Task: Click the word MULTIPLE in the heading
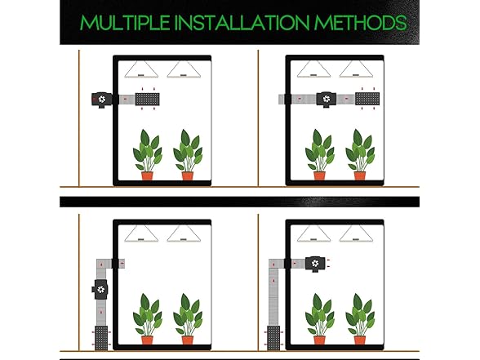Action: point(125,22)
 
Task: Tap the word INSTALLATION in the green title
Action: point(242,22)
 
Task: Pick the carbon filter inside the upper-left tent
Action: point(147,100)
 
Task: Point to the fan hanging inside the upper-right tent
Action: point(327,100)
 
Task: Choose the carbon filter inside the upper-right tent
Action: point(367,99)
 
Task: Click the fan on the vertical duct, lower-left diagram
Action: point(100,289)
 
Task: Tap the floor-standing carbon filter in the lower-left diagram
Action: point(101,338)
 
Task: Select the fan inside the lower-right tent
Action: point(315,264)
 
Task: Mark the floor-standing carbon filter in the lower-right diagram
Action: point(273,338)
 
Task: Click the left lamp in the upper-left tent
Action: point(141,69)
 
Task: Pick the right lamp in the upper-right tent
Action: point(356,69)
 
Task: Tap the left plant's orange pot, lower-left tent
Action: point(147,340)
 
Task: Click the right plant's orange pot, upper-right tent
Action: point(360,176)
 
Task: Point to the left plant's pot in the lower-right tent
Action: point(319,340)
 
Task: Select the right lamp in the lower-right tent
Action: point(356,233)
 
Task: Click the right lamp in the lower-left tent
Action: point(184,233)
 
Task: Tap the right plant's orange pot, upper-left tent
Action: point(188,176)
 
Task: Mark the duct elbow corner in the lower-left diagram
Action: point(101,264)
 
